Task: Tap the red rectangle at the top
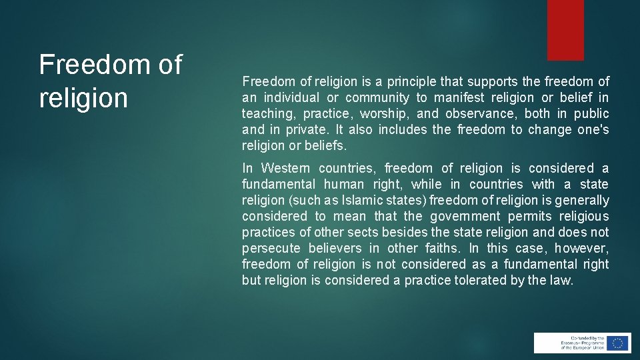tap(565, 30)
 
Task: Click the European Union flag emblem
tap(618, 343)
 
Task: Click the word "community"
tap(377, 97)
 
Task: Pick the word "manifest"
tap(461, 97)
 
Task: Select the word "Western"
tap(285, 168)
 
